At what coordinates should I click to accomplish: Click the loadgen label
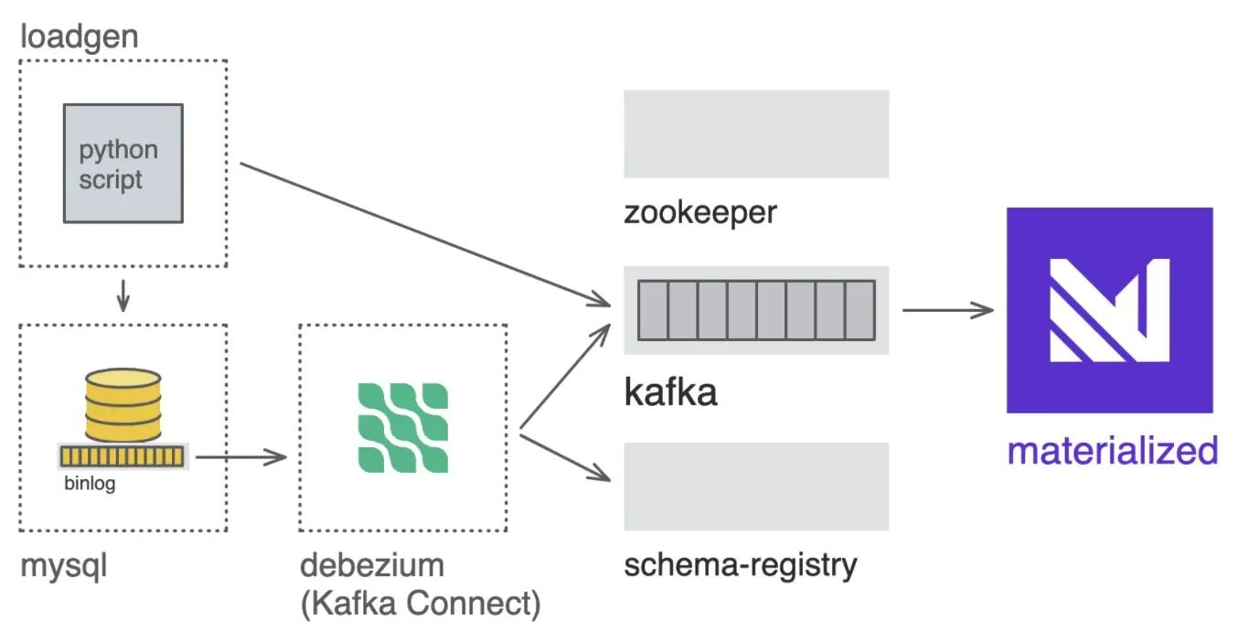click(79, 37)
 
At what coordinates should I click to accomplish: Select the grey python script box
click(123, 163)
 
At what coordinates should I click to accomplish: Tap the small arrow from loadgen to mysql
click(123, 295)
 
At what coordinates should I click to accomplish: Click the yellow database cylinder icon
click(123, 404)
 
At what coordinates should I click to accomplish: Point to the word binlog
click(90, 484)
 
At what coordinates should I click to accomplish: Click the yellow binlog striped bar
click(123, 455)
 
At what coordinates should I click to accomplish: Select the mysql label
click(63, 565)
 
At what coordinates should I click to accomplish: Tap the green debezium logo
click(402, 427)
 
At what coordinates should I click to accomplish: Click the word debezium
click(371, 565)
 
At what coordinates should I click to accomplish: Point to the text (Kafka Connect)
click(420, 604)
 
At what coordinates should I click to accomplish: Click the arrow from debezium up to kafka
click(564, 374)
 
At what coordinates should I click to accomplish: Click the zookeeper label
click(699, 212)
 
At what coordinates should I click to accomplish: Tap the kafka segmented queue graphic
click(755, 311)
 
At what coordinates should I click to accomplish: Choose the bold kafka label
click(670, 391)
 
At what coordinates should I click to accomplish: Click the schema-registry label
click(741, 565)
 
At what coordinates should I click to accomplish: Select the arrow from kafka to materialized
click(947, 310)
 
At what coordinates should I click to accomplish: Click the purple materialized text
click(1112, 451)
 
